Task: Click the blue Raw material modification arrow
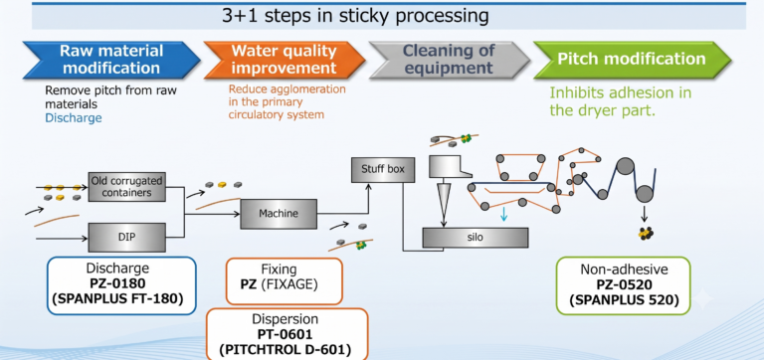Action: (x=111, y=60)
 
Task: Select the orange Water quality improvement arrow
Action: (x=285, y=60)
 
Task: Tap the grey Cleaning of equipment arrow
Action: (x=449, y=60)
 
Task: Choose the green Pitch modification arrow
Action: (x=632, y=60)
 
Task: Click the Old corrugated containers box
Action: (x=127, y=187)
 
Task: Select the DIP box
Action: (x=126, y=238)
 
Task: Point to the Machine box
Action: (x=279, y=214)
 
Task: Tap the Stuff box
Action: (x=383, y=170)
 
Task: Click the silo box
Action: (x=476, y=238)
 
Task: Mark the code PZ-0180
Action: (x=121, y=284)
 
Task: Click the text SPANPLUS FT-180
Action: (x=121, y=298)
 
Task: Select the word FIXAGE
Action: (x=288, y=284)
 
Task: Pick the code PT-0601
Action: (x=286, y=335)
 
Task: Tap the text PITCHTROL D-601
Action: (x=286, y=349)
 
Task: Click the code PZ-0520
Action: (x=624, y=285)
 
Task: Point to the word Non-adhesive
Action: (x=624, y=270)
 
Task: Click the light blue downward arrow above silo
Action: (x=503, y=213)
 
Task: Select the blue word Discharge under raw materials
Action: (x=74, y=118)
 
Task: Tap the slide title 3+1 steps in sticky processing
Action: (x=355, y=16)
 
